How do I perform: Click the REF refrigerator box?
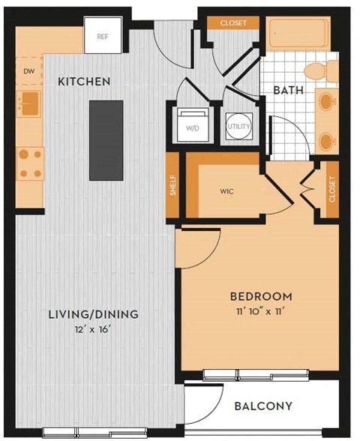click(x=103, y=36)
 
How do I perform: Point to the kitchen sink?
click(x=28, y=103)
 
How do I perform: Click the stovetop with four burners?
click(x=30, y=163)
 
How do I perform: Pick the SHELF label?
click(x=172, y=186)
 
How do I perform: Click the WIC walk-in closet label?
click(x=226, y=191)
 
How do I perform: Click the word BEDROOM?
click(x=260, y=296)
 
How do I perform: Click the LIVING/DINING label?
click(x=94, y=314)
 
